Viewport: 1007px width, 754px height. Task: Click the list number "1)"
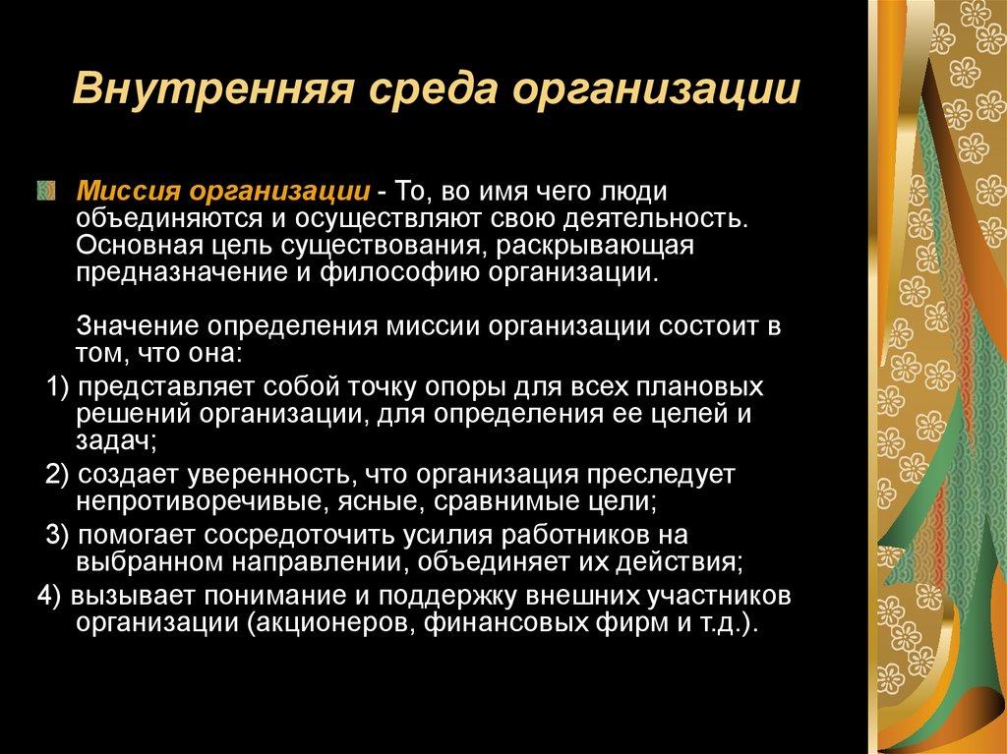tap(58, 383)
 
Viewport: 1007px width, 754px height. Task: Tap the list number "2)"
tap(58, 476)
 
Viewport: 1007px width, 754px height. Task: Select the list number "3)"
tap(58, 536)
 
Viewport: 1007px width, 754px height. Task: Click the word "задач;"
tap(113, 438)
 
